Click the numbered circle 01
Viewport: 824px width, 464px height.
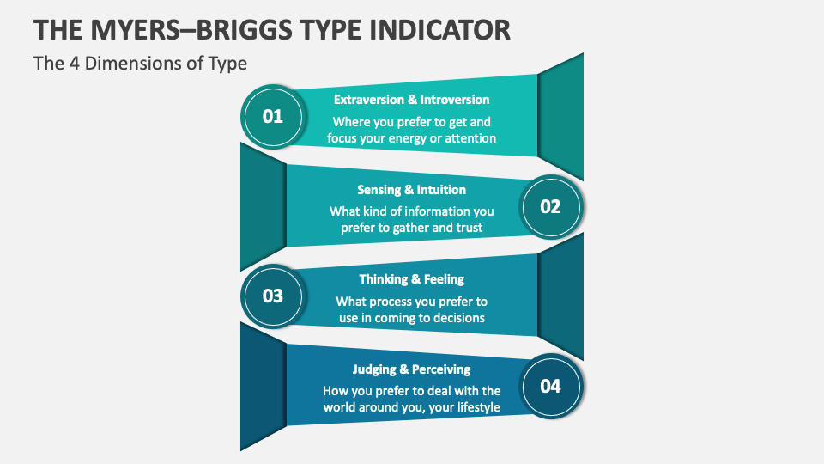pos(273,116)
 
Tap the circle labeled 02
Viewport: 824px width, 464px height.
pos(550,206)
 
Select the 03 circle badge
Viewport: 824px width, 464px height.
pos(273,296)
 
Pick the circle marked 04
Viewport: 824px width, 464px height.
pos(550,386)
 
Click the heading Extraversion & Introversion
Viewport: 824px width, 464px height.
pos(411,100)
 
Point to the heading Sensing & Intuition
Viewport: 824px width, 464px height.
pos(411,190)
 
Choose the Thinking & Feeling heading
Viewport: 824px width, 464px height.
pos(411,279)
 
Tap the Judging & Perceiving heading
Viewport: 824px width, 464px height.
pos(411,369)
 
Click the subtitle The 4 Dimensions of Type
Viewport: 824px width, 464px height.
pos(140,63)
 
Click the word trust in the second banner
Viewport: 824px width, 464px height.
pos(468,228)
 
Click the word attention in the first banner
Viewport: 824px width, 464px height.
pos(470,138)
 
